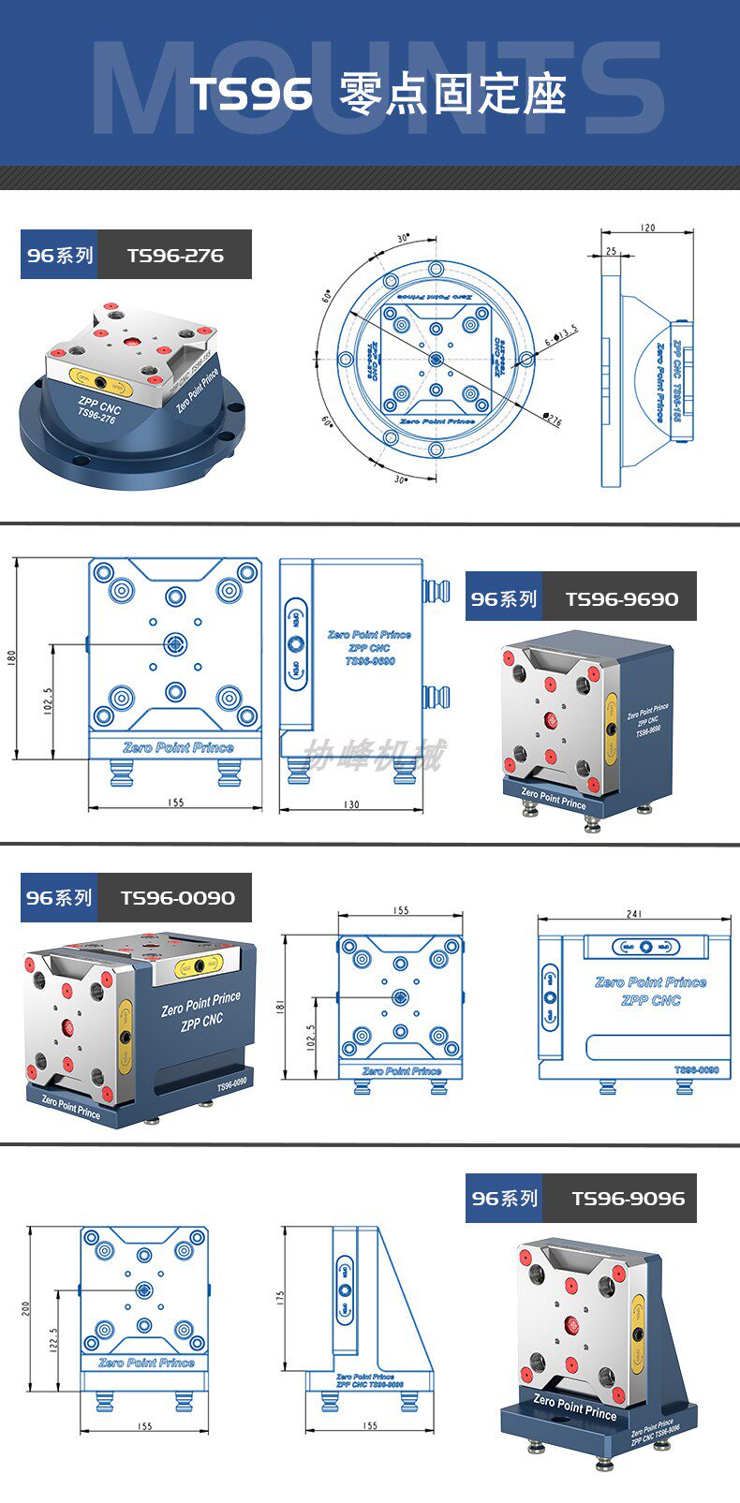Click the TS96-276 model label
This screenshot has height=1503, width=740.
coord(174,255)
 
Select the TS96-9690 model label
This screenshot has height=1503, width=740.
coord(621,598)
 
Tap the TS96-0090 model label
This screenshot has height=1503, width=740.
coord(177,897)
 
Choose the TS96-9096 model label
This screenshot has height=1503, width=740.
coord(627,1198)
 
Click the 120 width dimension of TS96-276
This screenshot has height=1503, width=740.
coord(647,228)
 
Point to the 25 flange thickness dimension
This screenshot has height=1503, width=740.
coord(612,252)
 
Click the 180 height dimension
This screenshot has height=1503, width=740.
coord(12,657)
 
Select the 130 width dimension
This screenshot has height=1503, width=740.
coord(351,804)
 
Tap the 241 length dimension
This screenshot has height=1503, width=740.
coord(634,915)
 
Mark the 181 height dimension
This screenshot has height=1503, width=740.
coord(281,1007)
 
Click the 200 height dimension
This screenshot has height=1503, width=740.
coord(26,1307)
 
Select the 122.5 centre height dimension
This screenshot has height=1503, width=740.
coord(53,1340)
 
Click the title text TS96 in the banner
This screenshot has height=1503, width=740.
coord(251,95)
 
